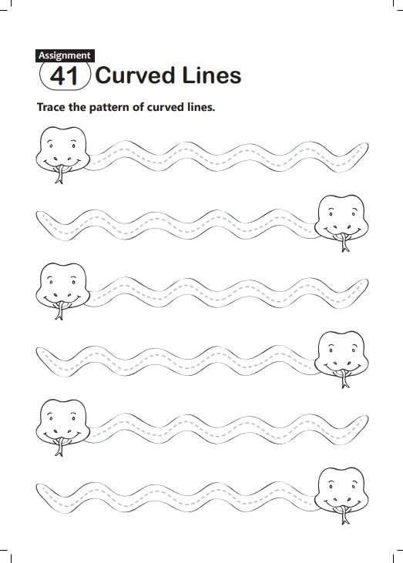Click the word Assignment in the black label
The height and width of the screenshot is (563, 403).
[65, 55]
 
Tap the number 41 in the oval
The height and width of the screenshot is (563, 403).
[64, 75]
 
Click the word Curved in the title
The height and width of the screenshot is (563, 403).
[136, 75]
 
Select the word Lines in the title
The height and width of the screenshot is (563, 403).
[212, 75]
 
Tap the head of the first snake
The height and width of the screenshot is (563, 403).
[63, 149]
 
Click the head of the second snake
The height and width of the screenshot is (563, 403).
[341, 217]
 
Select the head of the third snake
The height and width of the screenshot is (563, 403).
[63, 286]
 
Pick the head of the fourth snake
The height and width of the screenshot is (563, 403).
[341, 354]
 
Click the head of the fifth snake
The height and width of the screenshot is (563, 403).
[63, 422]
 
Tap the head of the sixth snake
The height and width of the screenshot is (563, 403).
[341, 490]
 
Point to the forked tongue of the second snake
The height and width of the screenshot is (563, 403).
[344, 243]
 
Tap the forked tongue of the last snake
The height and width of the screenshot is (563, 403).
[344, 515]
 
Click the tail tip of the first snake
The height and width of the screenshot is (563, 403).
[366, 145]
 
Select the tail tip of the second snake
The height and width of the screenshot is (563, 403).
[38, 214]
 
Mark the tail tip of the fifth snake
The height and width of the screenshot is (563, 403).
[366, 417]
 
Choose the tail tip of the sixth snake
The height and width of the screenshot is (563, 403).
[38, 488]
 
